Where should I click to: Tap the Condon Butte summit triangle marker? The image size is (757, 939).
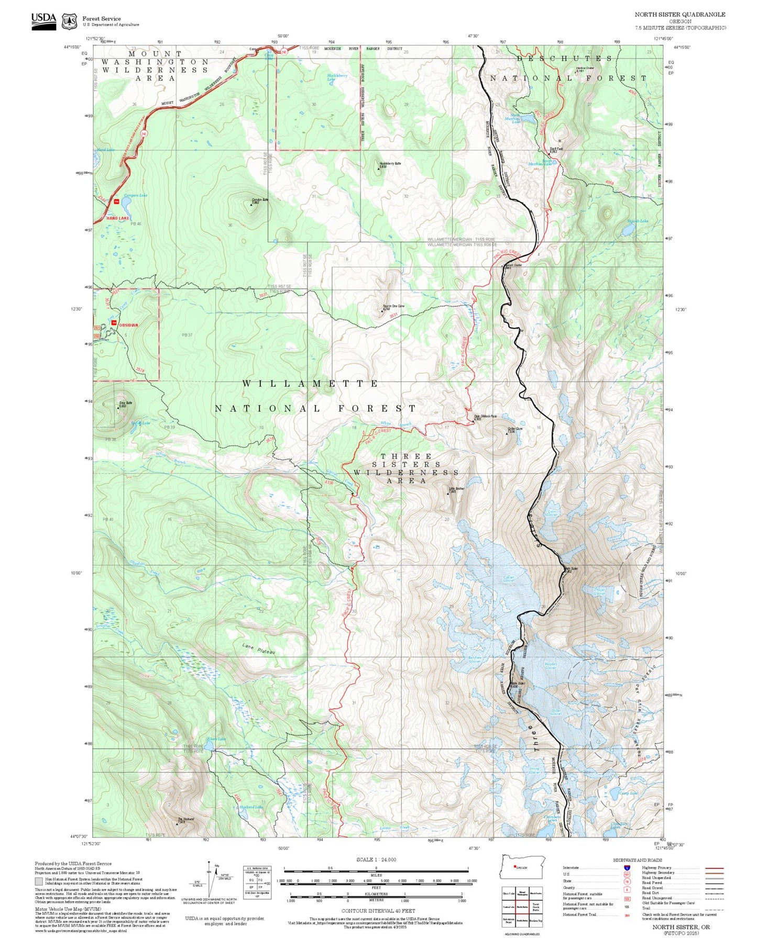click(251, 205)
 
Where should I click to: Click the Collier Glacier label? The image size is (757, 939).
click(509, 579)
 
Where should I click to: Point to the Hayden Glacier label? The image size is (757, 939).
click(551, 666)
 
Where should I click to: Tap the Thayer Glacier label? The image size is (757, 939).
click(599, 591)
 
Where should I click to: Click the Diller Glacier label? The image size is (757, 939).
click(556, 712)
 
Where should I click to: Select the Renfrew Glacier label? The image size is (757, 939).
click(475, 659)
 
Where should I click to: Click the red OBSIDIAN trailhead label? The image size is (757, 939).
click(128, 325)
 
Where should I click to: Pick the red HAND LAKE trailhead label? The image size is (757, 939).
click(118, 218)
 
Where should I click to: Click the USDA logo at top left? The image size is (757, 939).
click(43, 19)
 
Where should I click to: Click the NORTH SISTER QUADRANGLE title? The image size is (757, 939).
click(680, 15)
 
